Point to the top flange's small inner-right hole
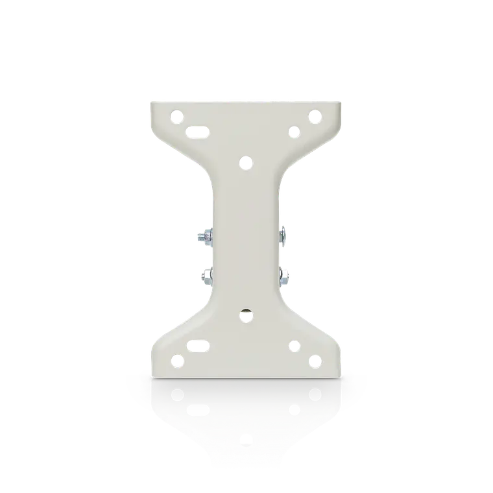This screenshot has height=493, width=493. point(294,133)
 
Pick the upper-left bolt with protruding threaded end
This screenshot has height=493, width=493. point(205,237)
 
